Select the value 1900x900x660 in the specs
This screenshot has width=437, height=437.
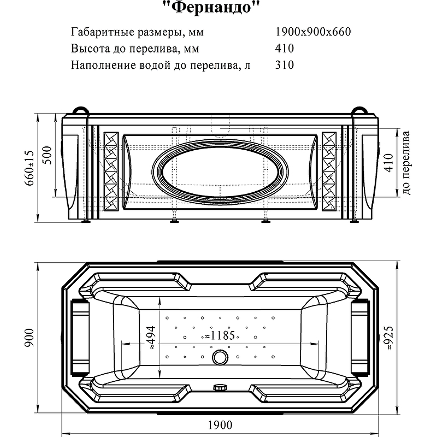tap(314, 31)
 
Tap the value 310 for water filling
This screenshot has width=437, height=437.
tap(285, 65)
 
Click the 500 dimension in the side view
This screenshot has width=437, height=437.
tap(49, 156)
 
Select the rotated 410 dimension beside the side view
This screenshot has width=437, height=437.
tap(389, 162)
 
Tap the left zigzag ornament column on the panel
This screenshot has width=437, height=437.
tap(110, 170)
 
